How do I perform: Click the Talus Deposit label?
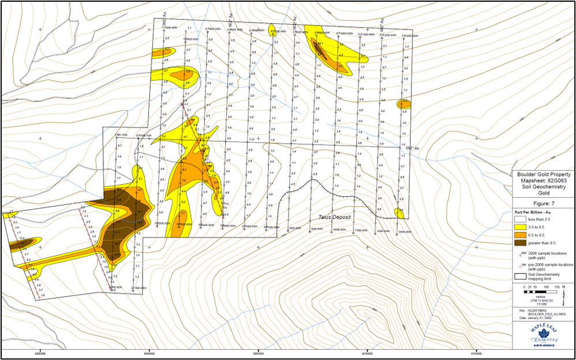tap(335, 216)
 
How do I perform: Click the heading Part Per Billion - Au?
tap(534, 212)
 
